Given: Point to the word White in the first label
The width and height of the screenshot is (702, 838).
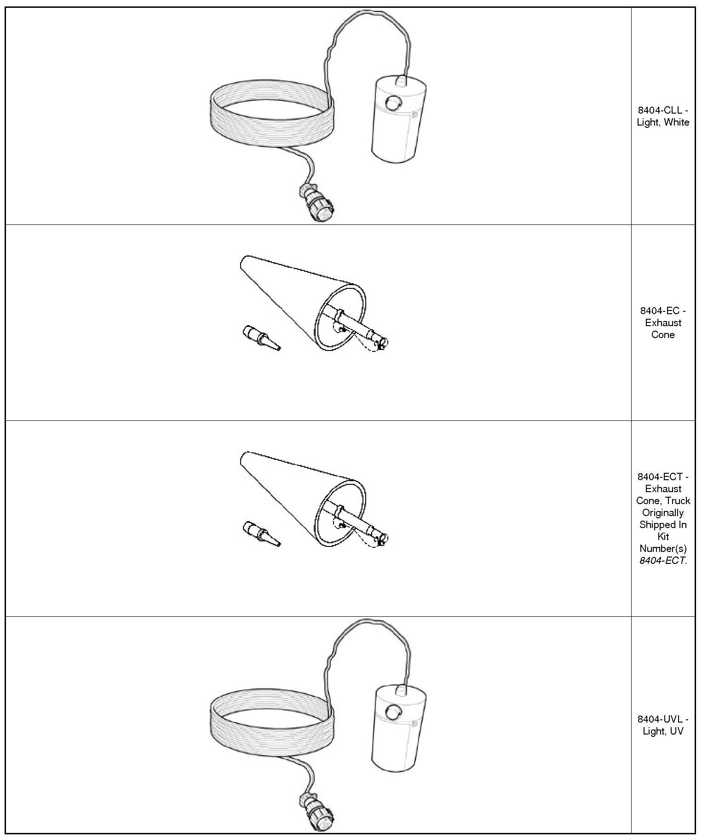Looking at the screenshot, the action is [x=677, y=122].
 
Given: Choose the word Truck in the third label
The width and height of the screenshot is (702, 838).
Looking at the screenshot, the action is [x=678, y=501].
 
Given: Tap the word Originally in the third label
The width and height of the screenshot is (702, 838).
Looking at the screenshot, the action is [x=663, y=513].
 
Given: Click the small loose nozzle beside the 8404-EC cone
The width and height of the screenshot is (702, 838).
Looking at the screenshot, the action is [x=261, y=338].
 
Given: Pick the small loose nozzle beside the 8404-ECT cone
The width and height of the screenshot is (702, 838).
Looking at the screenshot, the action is [x=261, y=534].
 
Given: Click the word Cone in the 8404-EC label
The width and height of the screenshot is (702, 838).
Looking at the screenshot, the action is [x=663, y=335].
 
